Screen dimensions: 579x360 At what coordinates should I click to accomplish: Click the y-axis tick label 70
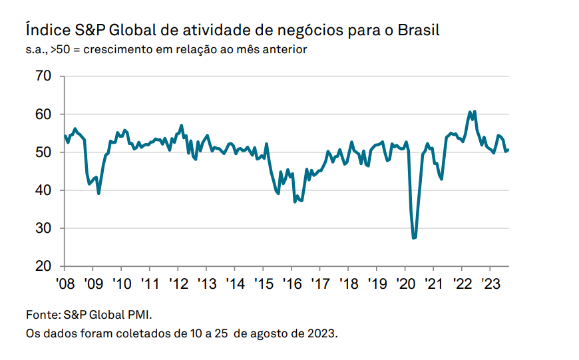click(43, 76)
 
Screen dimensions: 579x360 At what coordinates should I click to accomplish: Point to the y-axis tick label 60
click(43, 114)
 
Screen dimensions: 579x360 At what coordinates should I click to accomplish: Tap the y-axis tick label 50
click(43, 152)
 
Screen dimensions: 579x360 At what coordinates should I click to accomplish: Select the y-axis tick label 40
click(43, 190)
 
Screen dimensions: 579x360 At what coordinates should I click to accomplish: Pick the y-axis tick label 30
click(43, 228)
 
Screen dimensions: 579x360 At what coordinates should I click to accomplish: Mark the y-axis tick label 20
click(43, 266)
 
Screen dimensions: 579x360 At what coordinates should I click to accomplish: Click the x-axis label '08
click(65, 283)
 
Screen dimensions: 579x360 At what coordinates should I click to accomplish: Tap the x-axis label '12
click(179, 283)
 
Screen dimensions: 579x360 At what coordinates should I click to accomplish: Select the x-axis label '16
click(292, 283)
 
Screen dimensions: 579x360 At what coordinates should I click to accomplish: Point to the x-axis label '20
click(406, 283)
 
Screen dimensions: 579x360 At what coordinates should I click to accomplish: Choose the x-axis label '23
click(490, 283)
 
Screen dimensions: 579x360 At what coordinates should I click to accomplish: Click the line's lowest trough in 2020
click(413, 238)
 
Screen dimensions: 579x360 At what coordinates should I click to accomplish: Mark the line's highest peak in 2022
click(475, 111)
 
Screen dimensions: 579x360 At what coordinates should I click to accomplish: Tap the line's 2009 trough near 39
click(98, 193)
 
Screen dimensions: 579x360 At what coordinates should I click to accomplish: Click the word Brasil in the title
click(419, 30)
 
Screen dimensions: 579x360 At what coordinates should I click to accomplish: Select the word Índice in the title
click(48, 29)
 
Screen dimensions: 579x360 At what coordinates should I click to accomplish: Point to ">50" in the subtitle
click(60, 49)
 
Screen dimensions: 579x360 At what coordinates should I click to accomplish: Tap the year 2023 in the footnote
click(322, 334)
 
